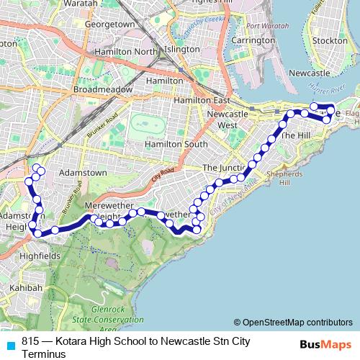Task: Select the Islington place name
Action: [182, 50]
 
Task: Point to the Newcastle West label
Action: [228, 120]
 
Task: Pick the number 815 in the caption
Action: [30, 342]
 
